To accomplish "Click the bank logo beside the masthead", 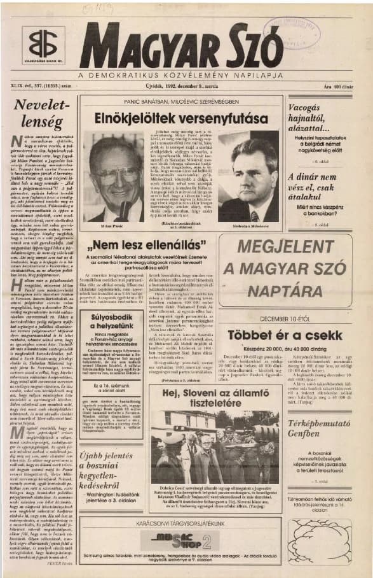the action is coord(43,44).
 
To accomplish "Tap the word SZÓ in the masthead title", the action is coord(254,46).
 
